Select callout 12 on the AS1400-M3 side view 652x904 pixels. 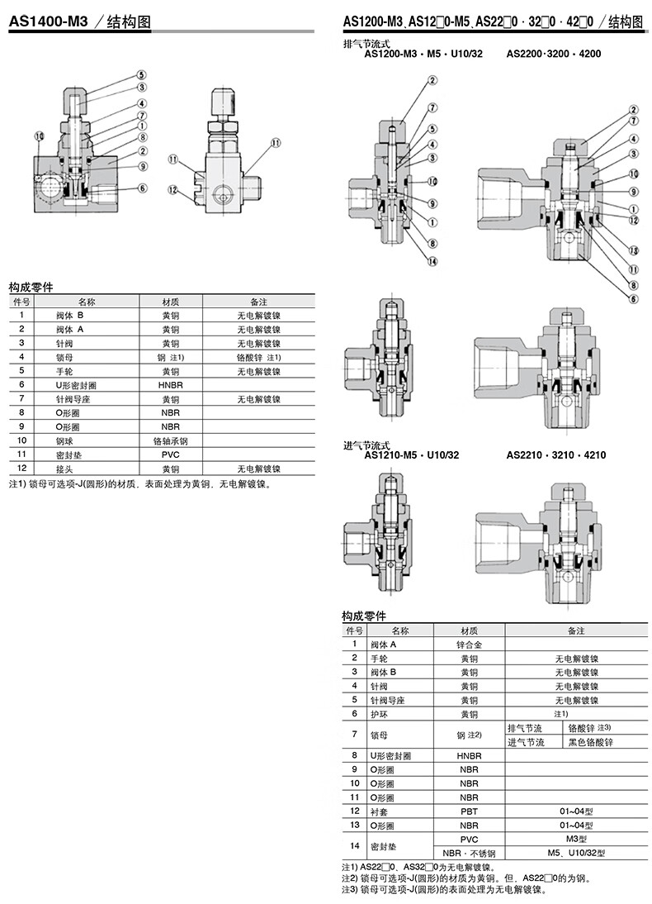172,189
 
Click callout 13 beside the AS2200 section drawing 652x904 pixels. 633,250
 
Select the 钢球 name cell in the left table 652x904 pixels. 67,441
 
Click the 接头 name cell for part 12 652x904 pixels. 66,469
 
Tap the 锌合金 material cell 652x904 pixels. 469,644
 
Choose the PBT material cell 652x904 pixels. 469,811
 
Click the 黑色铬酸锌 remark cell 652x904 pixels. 591,742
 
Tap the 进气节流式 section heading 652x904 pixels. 366,445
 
